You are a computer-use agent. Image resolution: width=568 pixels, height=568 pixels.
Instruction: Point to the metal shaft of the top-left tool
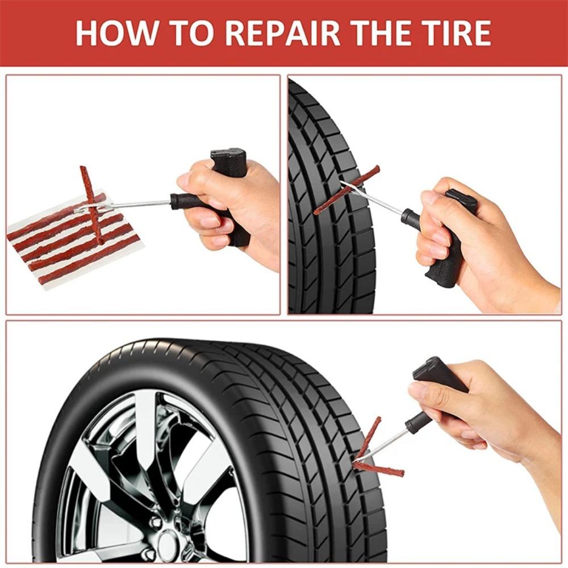click(x=136, y=204)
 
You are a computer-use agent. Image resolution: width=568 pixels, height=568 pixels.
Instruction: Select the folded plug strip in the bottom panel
click(x=372, y=454)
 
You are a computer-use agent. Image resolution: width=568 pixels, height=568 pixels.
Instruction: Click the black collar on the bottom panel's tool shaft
click(x=417, y=423)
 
